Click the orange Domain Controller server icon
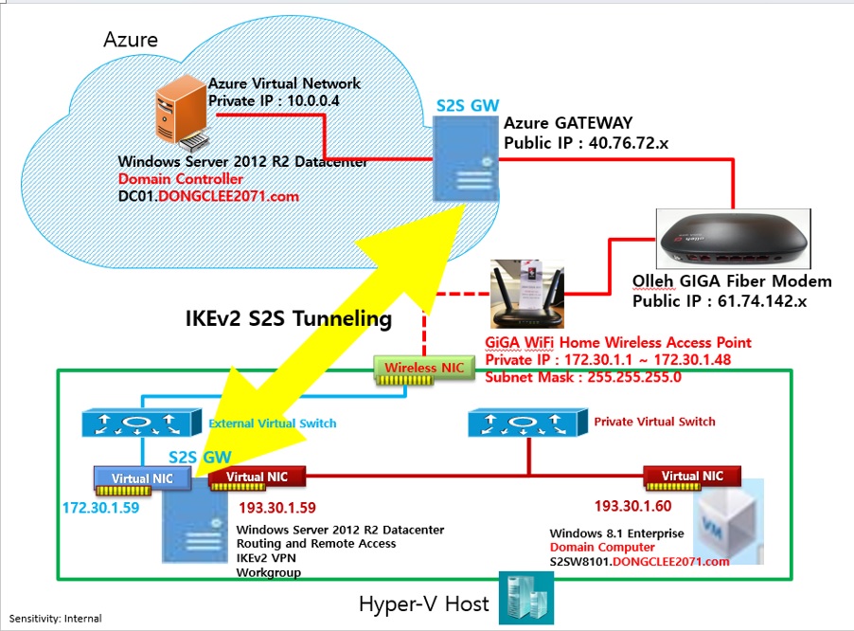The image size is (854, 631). click(x=182, y=113)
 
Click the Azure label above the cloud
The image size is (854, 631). click(x=131, y=40)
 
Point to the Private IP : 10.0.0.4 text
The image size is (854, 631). click(x=274, y=100)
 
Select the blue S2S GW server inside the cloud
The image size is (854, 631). click(x=466, y=159)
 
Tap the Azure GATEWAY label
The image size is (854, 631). click(x=568, y=123)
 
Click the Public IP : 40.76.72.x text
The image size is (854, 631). click(x=586, y=143)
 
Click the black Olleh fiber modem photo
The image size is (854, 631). click(x=734, y=239)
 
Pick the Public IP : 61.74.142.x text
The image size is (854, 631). click(x=720, y=301)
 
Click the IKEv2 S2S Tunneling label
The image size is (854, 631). click(x=289, y=318)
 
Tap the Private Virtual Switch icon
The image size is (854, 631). click(x=527, y=423)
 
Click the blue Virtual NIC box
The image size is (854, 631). click(x=142, y=480)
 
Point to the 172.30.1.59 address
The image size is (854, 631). click(x=100, y=508)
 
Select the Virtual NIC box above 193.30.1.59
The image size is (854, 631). click(x=258, y=478)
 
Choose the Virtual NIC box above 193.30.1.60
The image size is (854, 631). click(x=692, y=478)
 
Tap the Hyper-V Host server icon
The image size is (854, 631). click(x=526, y=598)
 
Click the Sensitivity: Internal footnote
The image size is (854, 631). click(x=55, y=619)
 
